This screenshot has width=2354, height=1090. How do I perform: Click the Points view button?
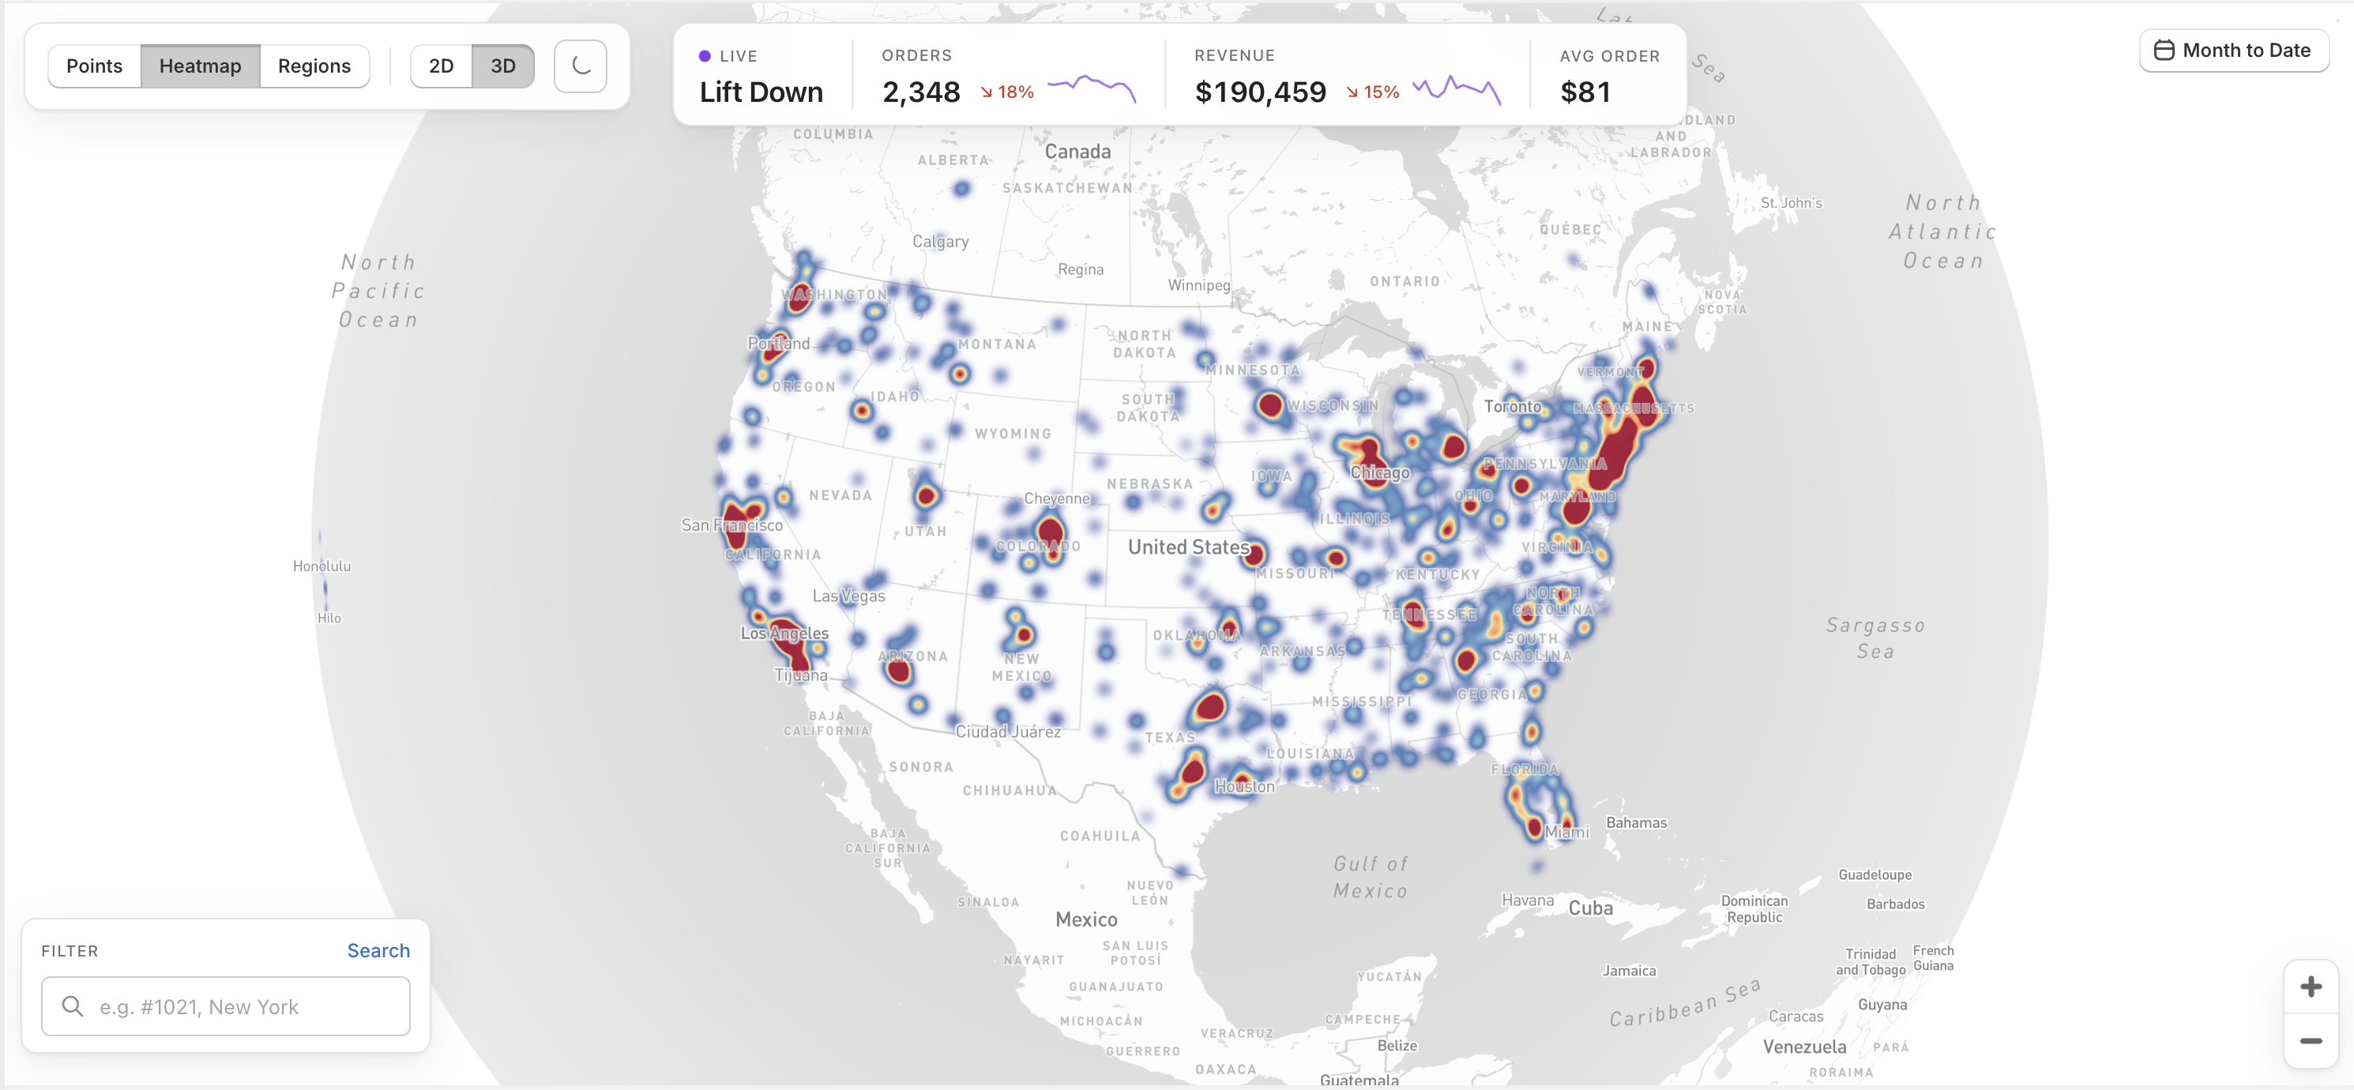[94, 66]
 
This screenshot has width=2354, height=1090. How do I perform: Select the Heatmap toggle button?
[200, 66]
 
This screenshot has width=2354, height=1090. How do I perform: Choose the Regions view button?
[314, 66]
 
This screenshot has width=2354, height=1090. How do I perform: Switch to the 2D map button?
[442, 66]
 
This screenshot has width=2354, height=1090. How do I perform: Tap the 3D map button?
[502, 66]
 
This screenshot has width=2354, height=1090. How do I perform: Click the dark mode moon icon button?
[581, 66]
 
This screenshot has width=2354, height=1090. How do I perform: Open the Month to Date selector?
[2233, 51]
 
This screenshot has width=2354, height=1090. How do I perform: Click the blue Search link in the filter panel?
[378, 950]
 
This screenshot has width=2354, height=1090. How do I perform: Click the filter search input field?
[226, 1006]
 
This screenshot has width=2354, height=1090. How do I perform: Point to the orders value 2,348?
[921, 92]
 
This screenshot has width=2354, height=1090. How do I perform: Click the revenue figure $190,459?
[1260, 92]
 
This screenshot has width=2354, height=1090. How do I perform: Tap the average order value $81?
[1585, 92]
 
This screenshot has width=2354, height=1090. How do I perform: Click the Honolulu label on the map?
[322, 566]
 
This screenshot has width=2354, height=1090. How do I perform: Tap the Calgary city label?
[940, 241]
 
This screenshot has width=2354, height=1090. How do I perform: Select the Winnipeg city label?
[1199, 285]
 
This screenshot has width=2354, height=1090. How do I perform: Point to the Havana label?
[1527, 900]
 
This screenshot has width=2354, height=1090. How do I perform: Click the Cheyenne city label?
[1057, 498]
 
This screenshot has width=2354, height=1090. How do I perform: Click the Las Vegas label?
[849, 596]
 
